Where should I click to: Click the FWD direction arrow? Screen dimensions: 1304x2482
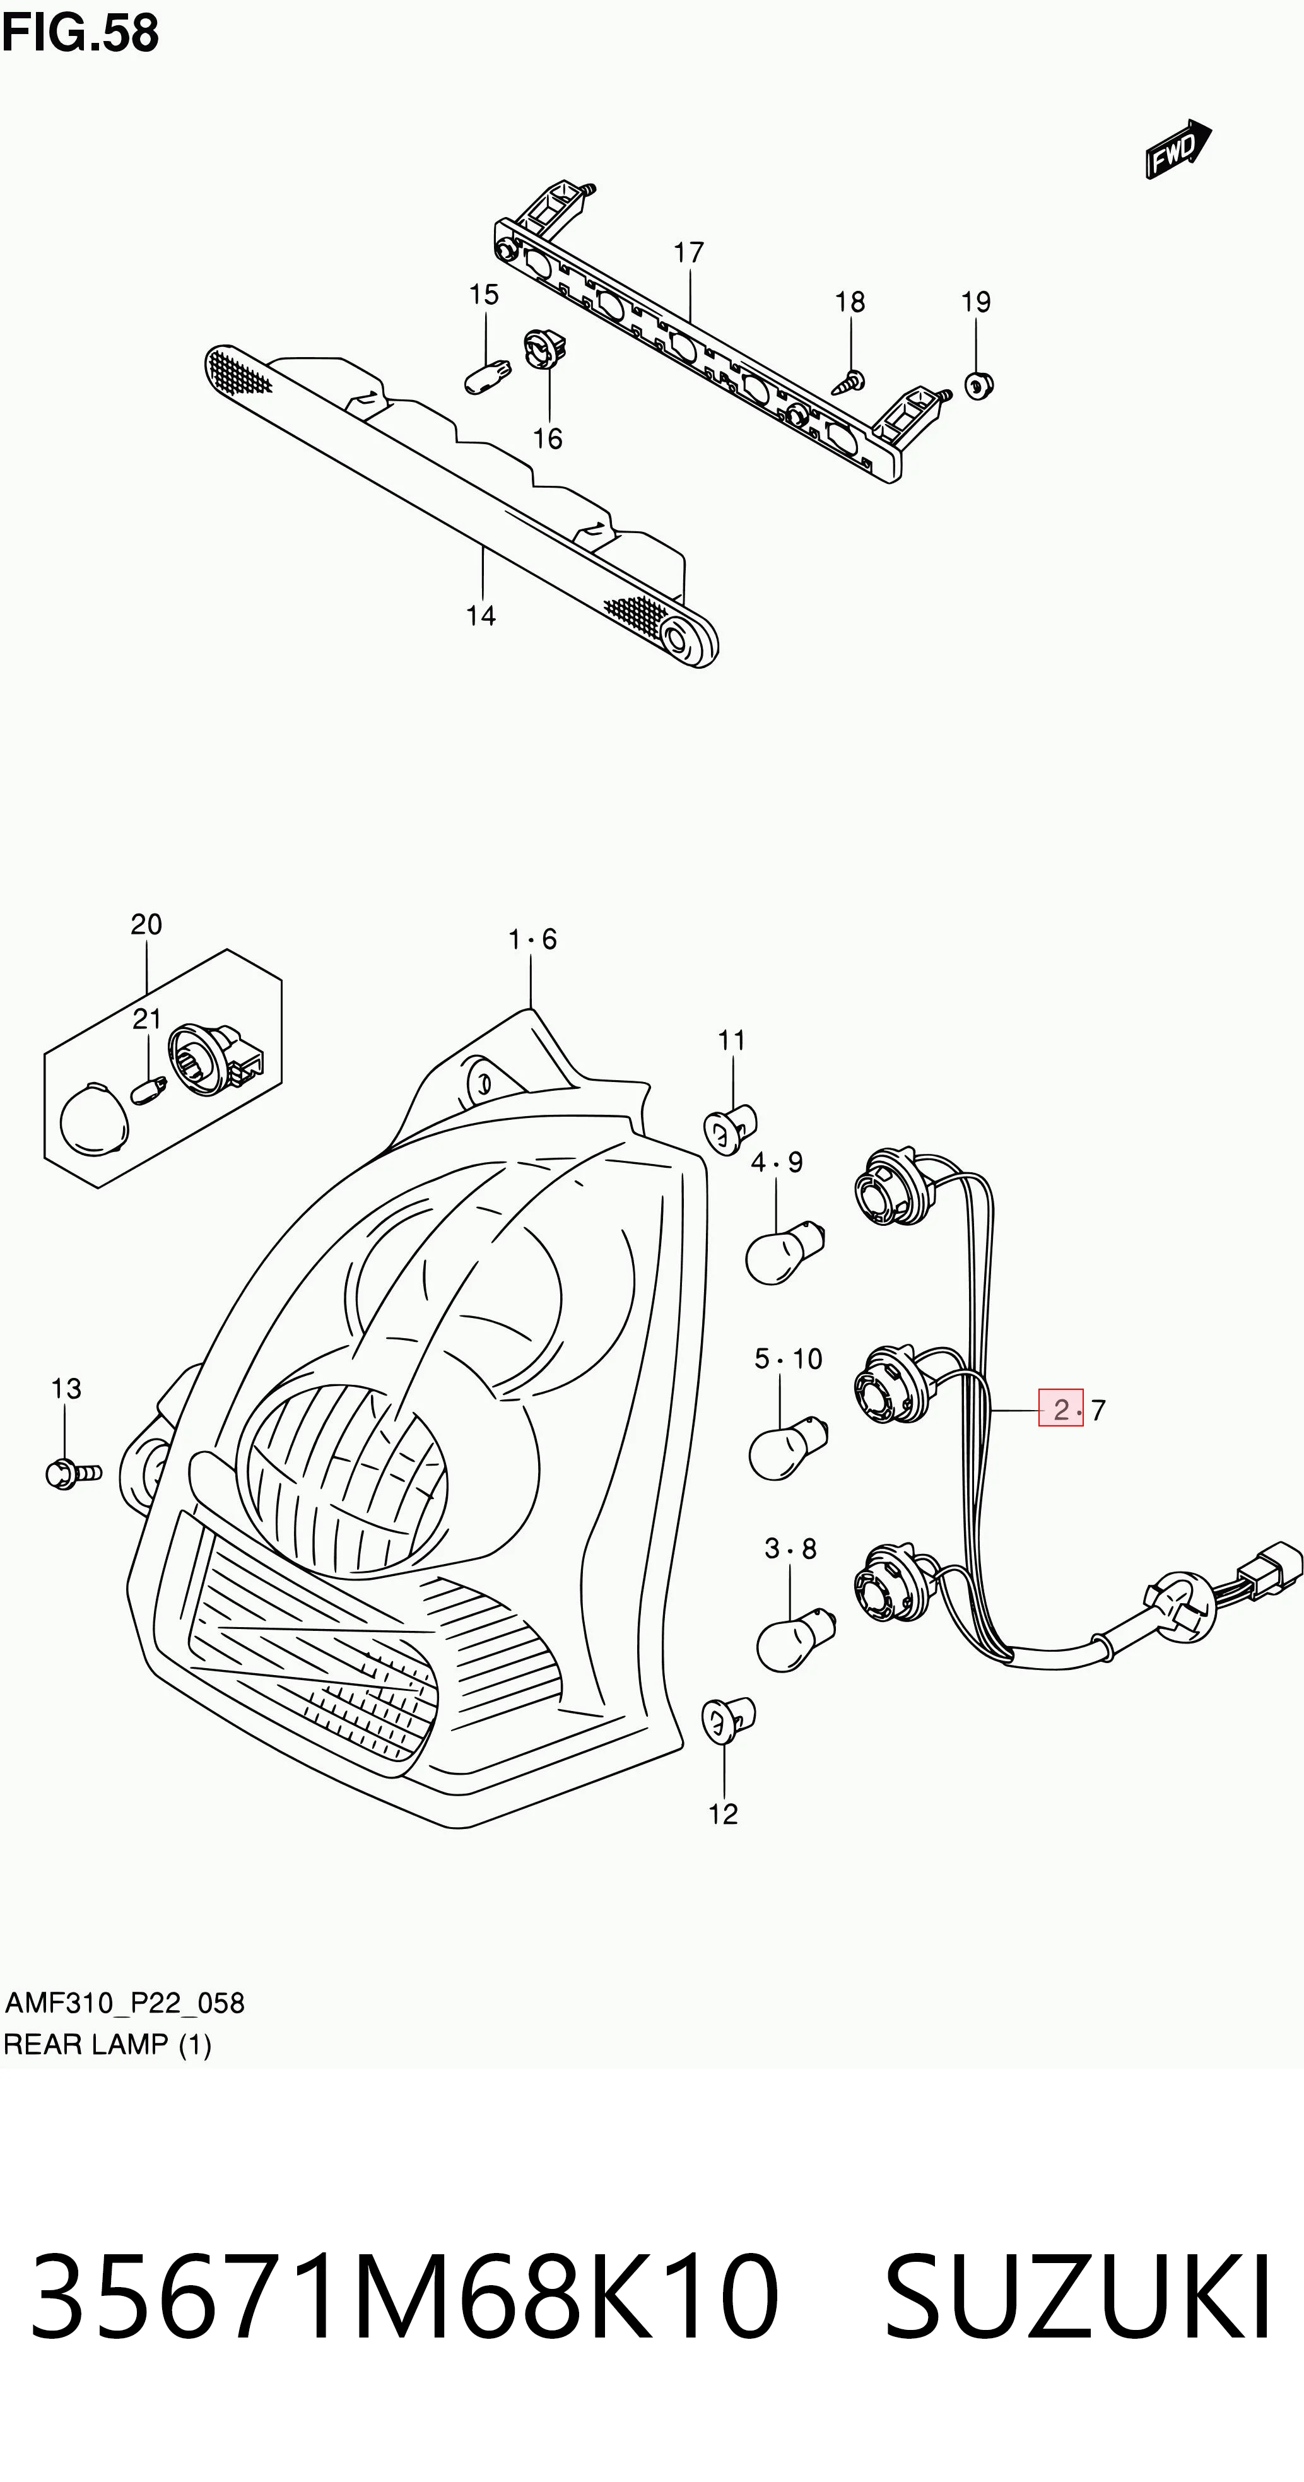(x=1178, y=150)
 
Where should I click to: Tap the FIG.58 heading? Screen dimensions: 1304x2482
(x=80, y=33)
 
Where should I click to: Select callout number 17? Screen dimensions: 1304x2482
(x=688, y=252)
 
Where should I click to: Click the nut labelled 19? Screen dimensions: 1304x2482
(x=979, y=385)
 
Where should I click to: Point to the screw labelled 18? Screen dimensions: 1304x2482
(x=848, y=382)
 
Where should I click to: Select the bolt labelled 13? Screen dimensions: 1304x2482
(x=73, y=1473)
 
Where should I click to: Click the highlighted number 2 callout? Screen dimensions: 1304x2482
(x=1060, y=1409)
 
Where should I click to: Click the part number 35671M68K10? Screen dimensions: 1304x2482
(x=405, y=2298)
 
